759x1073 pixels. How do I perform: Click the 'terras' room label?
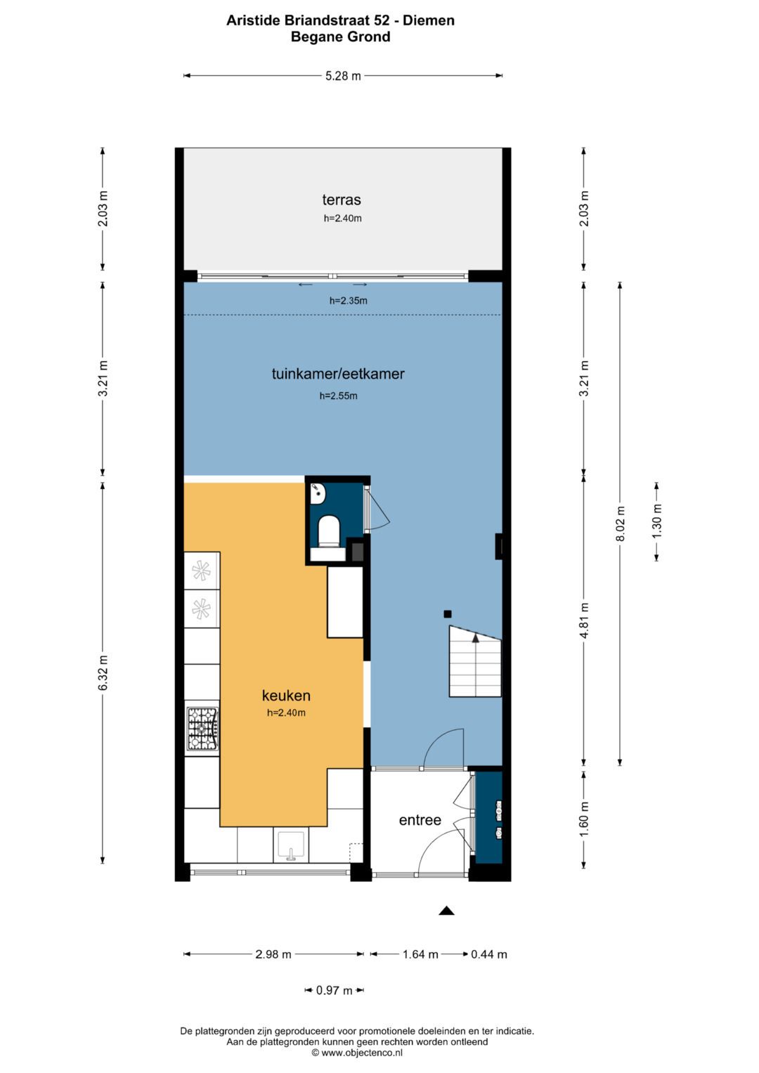point(341,200)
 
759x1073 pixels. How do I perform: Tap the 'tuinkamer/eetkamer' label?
point(338,374)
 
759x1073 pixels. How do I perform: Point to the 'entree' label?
point(420,820)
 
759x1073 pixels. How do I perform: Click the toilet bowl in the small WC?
point(329,531)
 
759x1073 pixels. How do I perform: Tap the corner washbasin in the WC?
point(318,494)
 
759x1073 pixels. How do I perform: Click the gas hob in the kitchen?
point(202,729)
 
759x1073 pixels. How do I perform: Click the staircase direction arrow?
point(475,637)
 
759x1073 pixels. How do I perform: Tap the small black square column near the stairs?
point(448,614)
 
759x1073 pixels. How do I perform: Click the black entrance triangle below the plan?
point(446,911)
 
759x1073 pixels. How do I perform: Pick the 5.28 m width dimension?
point(343,76)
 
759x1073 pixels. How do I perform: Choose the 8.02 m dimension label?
point(620,523)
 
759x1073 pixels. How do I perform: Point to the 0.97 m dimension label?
point(334,990)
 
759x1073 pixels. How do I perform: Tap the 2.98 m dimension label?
point(273,954)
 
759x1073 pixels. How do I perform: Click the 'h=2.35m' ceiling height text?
point(349,301)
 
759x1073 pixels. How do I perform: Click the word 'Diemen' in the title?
point(429,20)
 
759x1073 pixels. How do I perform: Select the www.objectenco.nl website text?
point(362,1053)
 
